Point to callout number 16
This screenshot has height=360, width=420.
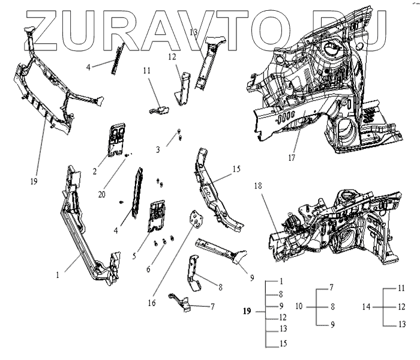click(x=152, y=303)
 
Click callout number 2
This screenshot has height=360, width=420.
click(x=95, y=172)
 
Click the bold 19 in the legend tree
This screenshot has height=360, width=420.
click(x=247, y=311)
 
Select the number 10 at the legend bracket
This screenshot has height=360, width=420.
click(x=299, y=306)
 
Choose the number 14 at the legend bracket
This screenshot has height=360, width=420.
click(x=366, y=306)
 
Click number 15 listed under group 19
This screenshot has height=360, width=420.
click(x=283, y=344)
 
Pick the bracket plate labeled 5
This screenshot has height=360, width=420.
click(x=157, y=215)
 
